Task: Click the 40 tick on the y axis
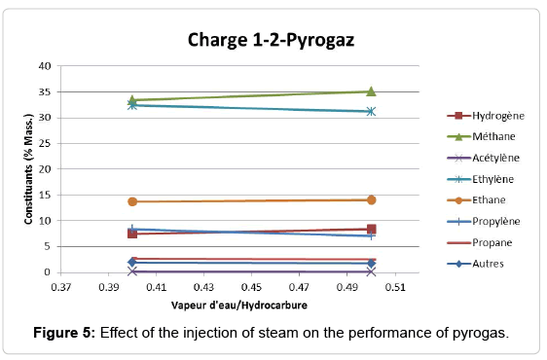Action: (x=44, y=66)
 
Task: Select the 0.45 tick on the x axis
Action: (x=251, y=288)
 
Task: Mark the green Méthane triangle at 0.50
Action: (x=371, y=91)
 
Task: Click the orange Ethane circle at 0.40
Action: (x=132, y=201)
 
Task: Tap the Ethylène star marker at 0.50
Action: (x=371, y=111)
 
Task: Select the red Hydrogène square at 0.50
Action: (x=371, y=229)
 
